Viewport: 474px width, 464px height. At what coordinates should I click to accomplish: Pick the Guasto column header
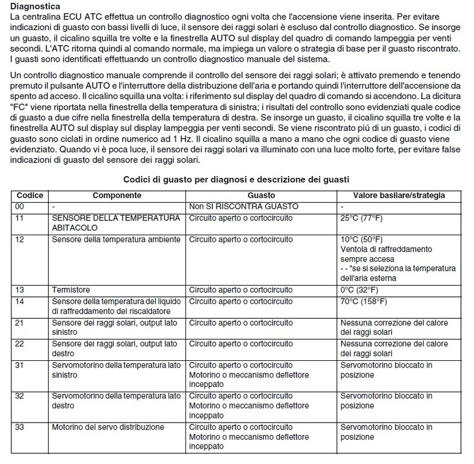pos(261,196)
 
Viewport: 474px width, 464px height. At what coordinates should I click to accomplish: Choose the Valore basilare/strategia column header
pos(399,196)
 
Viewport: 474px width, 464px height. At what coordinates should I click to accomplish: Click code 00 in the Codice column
pos(21,206)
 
